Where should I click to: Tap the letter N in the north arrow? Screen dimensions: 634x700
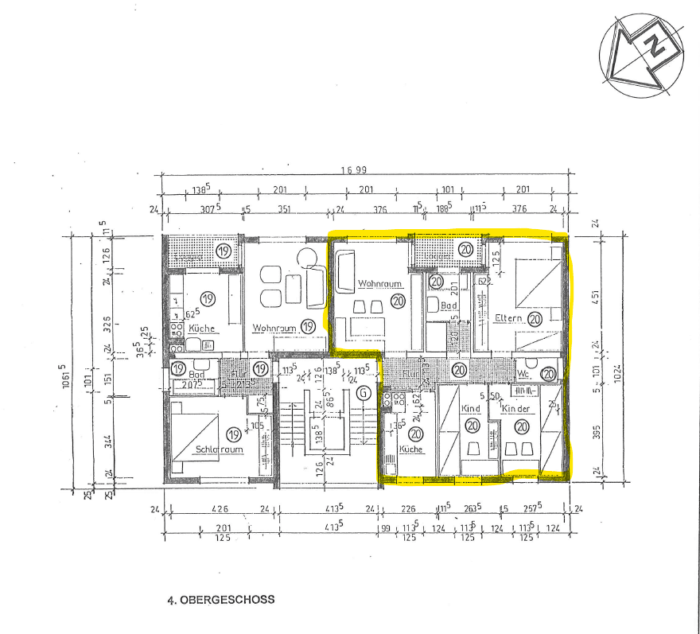point(654,47)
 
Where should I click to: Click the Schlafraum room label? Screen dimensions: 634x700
point(218,449)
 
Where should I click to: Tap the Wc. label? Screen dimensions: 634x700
point(523,372)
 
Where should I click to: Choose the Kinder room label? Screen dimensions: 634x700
point(515,408)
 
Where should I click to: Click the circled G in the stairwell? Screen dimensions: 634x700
point(364,393)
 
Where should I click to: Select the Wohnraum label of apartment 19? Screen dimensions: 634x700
point(274,328)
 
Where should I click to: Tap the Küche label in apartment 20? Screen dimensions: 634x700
point(411,449)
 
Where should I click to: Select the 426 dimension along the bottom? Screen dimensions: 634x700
point(219,509)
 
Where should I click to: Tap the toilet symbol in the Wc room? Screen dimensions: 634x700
point(550,374)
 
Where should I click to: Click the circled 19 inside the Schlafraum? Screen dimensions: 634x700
point(233,434)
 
